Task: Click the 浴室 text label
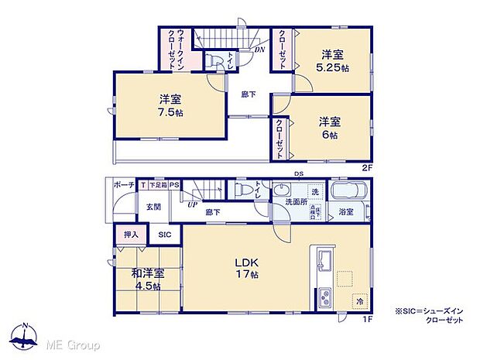coord(345,211)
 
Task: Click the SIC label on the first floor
coord(165,234)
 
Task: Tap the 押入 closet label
coord(131,234)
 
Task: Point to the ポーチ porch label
coord(124,185)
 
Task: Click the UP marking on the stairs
coord(192,206)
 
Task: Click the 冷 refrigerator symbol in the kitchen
coord(360,300)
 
